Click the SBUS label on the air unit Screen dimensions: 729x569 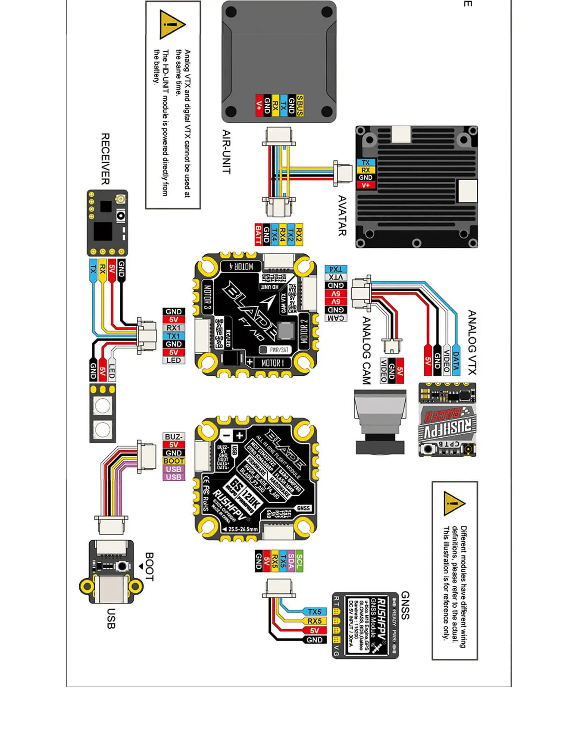click(x=300, y=106)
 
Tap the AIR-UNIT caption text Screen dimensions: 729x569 click(x=226, y=152)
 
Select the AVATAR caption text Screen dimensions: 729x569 click(x=342, y=215)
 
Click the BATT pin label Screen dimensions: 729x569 click(x=258, y=234)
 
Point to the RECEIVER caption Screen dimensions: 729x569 click(x=105, y=159)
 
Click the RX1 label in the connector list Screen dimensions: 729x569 click(x=173, y=328)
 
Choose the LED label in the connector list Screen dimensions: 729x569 click(x=173, y=360)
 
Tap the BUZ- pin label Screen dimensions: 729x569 click(x=173, y=437)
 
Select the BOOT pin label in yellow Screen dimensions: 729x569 click(x=173, y=461)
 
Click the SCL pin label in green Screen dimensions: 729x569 click(x=299, y=561)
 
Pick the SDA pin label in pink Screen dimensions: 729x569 click(x=291, y=561)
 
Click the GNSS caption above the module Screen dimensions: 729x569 click(x=405, y=605)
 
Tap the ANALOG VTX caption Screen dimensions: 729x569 click(x=472, y=342)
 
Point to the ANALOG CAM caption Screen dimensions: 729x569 click(x=366, y=350)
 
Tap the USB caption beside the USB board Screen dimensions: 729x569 click(x=111, y=618)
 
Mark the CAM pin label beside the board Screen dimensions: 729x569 click(x=335, y=318)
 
